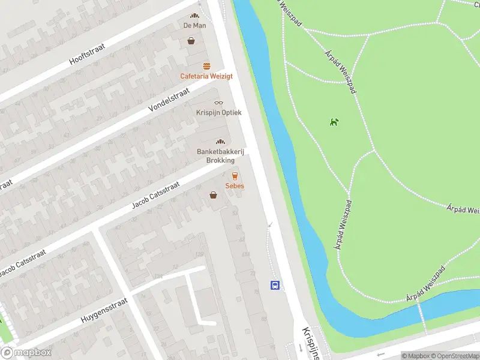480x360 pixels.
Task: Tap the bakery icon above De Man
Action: [194, 16]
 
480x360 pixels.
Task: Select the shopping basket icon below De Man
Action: [191, 41]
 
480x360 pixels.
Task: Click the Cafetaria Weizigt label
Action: [206, 76]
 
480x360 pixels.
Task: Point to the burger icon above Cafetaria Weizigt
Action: [206, 66]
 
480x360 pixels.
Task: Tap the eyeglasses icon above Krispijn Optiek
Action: [218, 103]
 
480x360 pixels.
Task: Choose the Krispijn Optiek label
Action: [218, 112]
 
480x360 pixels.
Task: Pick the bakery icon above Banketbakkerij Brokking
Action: [220, 142]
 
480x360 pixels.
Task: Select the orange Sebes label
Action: [235, 186]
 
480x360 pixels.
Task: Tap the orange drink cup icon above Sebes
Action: [235, 176]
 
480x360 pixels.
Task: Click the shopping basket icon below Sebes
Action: [213, 195]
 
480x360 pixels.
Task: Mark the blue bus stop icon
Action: [275, 285]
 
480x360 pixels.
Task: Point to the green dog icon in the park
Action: [334, 122]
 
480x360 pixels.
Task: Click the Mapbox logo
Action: [26, 353]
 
